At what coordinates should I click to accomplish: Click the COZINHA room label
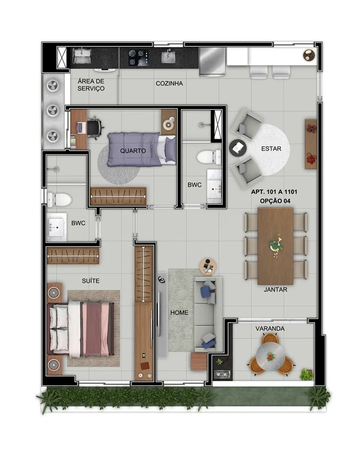pos(169,84)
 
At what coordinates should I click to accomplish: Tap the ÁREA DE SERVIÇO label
pos(91,85)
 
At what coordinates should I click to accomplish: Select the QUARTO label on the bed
pos(133,151)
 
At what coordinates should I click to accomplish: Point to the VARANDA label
pos(270,328)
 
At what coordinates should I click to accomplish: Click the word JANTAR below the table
pos(275,289)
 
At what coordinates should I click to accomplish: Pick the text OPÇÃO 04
pos(275,201)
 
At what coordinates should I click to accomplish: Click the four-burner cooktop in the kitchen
pos(138,58)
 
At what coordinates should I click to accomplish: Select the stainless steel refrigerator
pos(212,62)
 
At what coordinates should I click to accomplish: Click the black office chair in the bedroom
pos(95,127)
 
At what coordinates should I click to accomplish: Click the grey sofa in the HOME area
pos(208,314)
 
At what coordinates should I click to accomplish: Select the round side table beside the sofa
pos(208,267)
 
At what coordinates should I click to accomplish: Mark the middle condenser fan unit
pos(53,110)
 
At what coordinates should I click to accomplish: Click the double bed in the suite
pos(81,328)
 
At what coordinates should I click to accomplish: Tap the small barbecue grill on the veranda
pos(222,374)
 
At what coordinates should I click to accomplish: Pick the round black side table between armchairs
pos(238,148)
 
